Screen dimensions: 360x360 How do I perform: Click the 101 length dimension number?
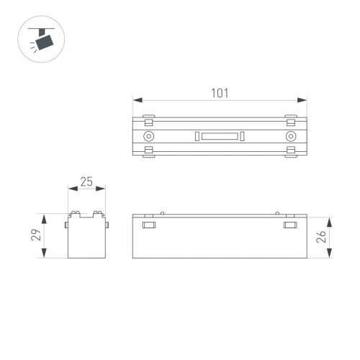220,92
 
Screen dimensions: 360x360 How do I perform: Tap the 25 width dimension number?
87,182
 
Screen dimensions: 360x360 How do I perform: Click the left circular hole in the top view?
148,136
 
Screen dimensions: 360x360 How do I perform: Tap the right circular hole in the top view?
291,136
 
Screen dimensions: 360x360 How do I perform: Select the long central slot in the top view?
220,136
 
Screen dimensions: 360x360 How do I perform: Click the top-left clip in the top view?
148,117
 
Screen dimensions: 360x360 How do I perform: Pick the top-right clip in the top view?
291,117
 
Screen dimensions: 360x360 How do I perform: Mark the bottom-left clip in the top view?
148,150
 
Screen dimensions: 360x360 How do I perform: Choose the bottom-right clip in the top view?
291,150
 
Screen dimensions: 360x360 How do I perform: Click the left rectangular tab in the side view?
149,226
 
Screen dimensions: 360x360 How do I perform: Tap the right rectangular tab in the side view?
290,226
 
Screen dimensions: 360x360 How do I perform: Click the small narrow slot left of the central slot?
194,136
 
